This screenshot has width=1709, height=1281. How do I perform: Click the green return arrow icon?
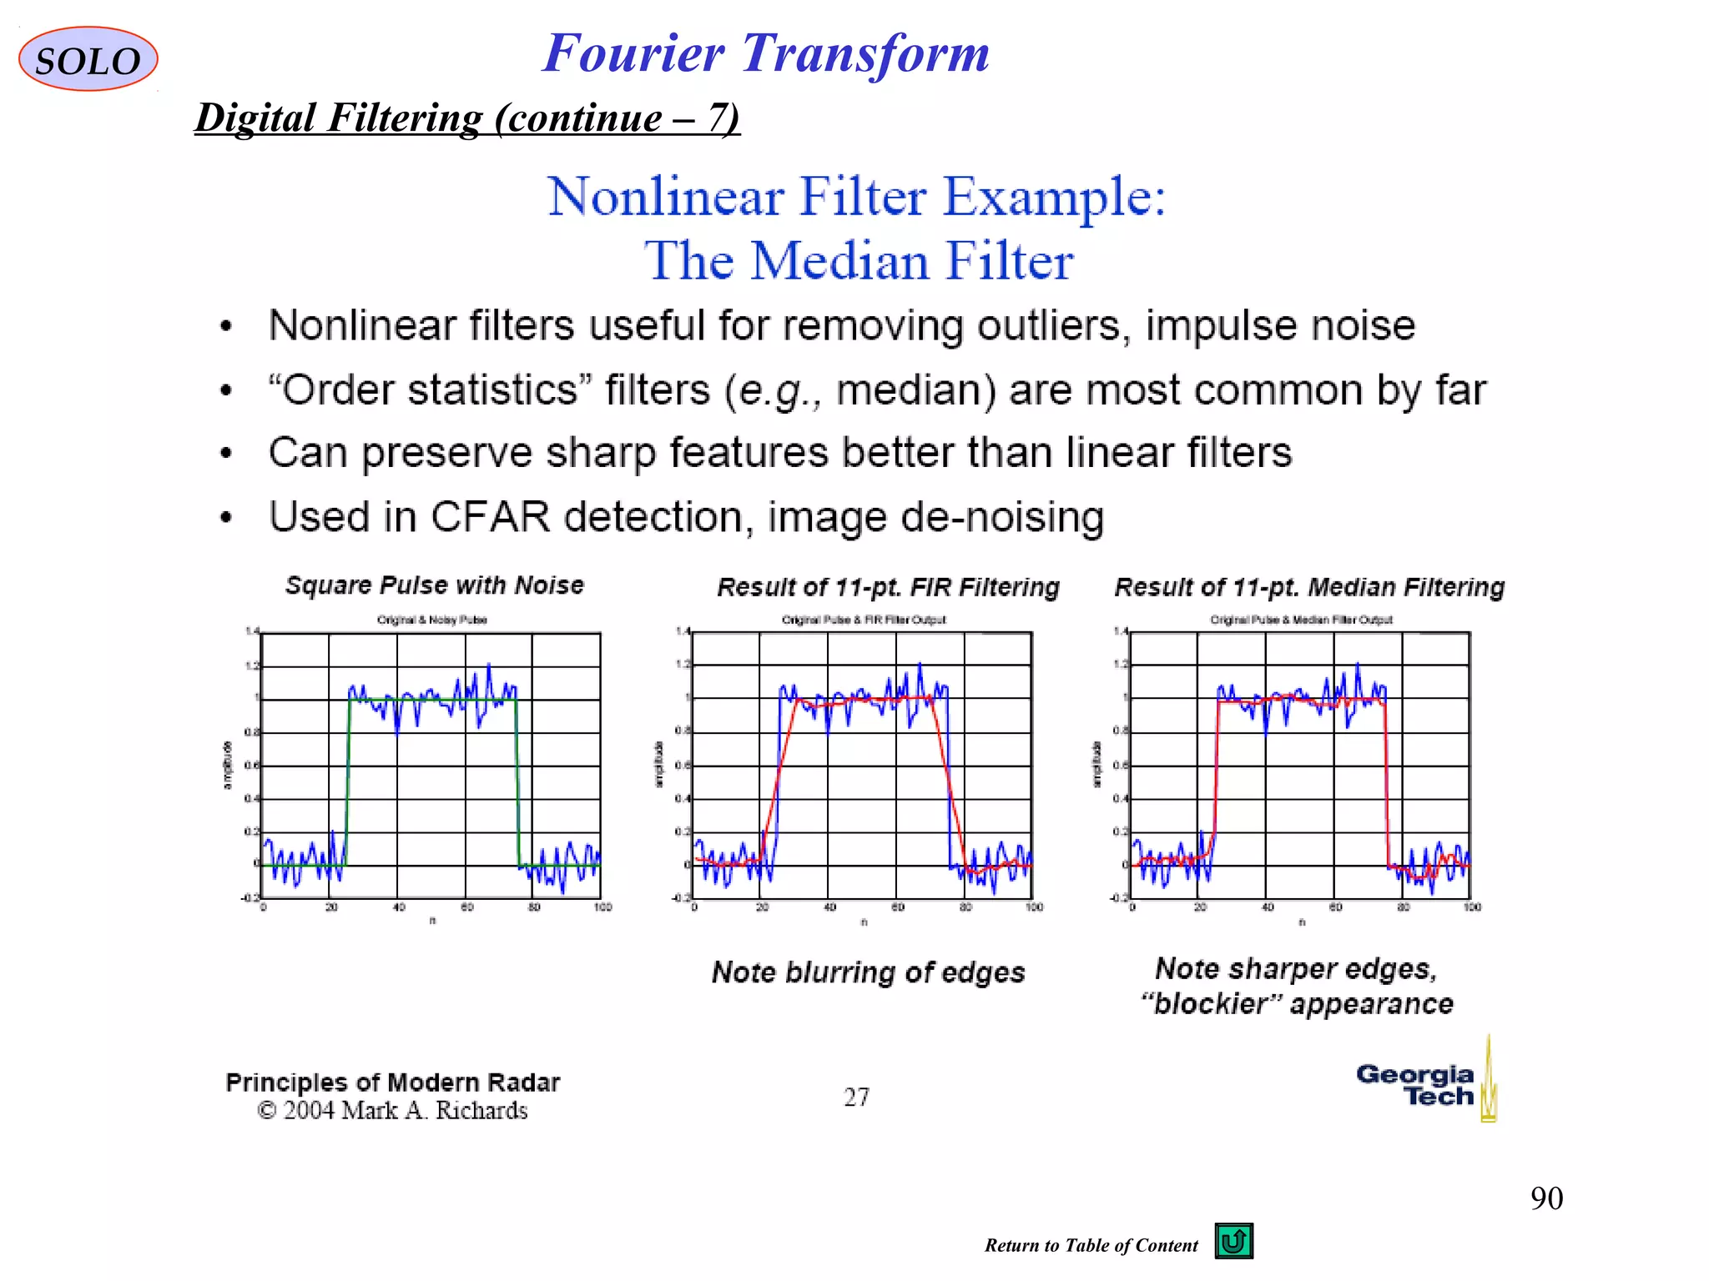(x=1233, y=1241)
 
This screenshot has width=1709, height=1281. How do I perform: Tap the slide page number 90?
(x=1546, y=1198)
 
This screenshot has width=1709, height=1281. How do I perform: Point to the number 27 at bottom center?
(x=856, y=1097)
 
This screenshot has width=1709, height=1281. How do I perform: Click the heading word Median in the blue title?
(x=841, y=261)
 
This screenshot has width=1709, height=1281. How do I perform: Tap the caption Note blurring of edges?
(x=868, y=972)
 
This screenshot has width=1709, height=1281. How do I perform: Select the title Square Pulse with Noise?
(x=434, y=585)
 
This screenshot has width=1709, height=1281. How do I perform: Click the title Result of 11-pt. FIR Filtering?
(x=888, y=587)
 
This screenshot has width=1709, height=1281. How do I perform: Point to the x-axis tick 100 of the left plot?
(x=602, y=907)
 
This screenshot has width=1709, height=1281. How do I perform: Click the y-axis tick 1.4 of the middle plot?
(x=683, y=631)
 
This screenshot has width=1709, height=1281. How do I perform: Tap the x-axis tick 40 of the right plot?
(x=1267, y=907)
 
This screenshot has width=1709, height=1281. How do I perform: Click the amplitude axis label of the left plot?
(x=227, y=765)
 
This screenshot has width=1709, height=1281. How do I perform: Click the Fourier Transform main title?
(x=765, y=53)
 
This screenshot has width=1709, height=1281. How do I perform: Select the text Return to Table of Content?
(x=1090, y=1246)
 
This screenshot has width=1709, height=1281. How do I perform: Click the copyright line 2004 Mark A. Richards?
(x=393, y=1111)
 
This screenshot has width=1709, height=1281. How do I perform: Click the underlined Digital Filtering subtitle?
(x=466, y=118)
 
